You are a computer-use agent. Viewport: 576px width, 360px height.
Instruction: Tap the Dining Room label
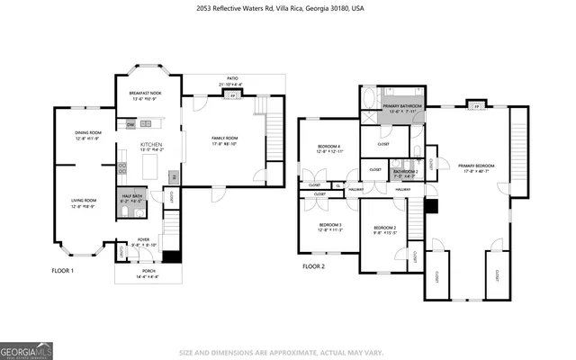88,135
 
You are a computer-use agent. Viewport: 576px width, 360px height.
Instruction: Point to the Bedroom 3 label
329,226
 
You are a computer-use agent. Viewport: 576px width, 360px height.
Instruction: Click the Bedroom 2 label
385,230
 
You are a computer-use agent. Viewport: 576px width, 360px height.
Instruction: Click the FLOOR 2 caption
313,266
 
